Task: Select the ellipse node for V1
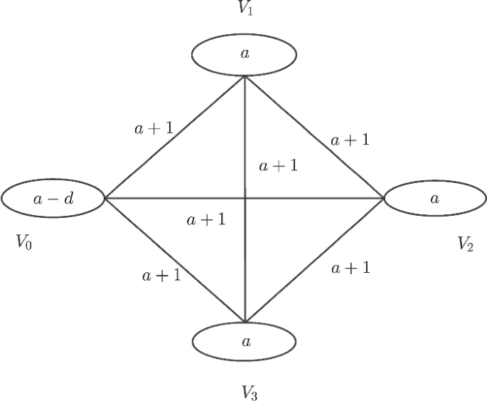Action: click(244, 54)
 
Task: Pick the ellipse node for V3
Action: click(244, 341)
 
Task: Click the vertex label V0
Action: click(23, 244)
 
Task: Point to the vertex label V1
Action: click(245, 9)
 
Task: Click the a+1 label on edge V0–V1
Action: click(153, 129)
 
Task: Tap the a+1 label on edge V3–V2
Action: click(350, 269)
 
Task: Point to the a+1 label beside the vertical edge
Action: click(277, 167)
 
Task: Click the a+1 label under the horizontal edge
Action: click(206, 220)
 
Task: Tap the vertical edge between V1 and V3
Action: click(245, 128)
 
